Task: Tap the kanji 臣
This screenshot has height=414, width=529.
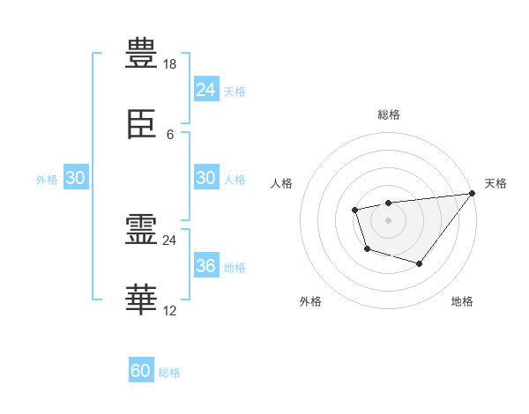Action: coord(141,127)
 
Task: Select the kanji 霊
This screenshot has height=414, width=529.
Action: coord(141,229)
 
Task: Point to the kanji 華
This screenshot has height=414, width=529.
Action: coord(141,299)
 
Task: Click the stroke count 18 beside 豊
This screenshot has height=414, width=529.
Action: coord(170,64)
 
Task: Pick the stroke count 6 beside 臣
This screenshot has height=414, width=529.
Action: coord(170,134)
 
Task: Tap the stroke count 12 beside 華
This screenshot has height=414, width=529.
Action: coord(170,310)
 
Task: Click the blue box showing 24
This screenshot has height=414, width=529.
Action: coord(206,89)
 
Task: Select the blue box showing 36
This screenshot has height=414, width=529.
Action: coord(206,266)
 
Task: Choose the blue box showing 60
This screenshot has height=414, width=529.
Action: coord(141,371)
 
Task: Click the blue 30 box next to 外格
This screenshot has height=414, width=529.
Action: coord(76,178)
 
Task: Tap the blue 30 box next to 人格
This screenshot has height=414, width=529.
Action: coord(206,178)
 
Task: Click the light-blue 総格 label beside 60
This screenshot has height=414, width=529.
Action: coord(170,373)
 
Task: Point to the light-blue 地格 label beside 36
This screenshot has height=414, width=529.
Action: coord(235,267)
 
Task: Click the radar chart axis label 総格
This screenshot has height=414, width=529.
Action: coord(388,115)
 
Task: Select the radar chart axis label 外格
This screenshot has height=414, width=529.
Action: coord(310,301)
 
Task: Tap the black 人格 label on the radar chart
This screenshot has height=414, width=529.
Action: coord(282,183)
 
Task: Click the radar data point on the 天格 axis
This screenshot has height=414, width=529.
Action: coord(473,194)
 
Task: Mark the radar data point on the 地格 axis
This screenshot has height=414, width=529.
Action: coord(420,263)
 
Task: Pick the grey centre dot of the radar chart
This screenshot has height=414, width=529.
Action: coord(388,219)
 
